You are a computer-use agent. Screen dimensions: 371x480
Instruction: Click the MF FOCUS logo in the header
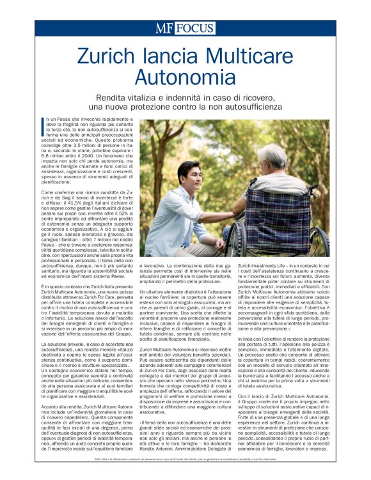[x=185, y=27]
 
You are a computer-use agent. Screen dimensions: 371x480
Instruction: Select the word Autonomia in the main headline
[x=185, y=79]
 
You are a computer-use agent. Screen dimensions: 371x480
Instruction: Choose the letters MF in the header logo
[x=164, y=27]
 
